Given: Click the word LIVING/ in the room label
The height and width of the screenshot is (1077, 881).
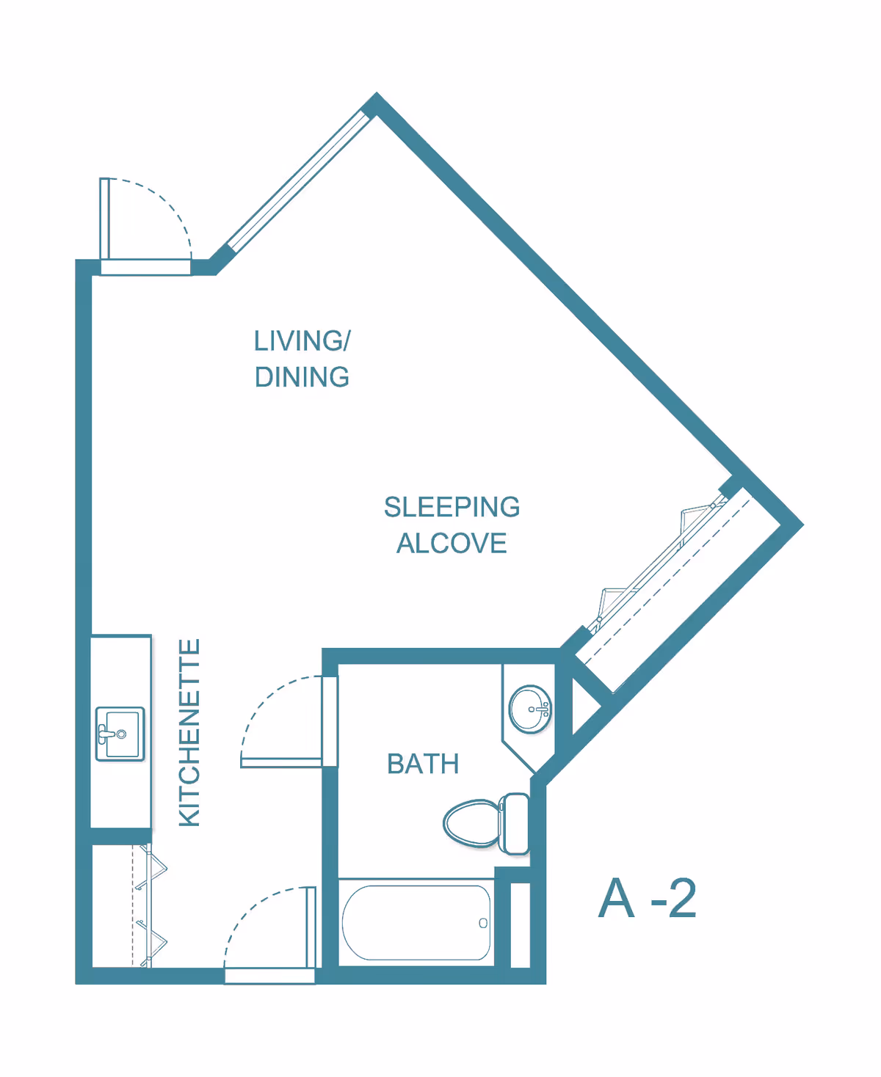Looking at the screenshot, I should pos(302,341).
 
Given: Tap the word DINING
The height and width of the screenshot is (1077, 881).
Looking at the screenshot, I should pos(302,377).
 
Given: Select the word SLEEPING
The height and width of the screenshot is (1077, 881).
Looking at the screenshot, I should pos(452,507).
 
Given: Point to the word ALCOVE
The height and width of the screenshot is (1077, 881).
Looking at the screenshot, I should pos(452,544).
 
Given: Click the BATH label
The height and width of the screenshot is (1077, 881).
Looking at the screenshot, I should pos(423,764).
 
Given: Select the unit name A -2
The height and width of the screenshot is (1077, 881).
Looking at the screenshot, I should pos(647,898).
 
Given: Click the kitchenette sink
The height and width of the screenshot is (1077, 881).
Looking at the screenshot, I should pos(120,734).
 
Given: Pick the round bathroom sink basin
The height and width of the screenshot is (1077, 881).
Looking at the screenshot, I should pos(530,709).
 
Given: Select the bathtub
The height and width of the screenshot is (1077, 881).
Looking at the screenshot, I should pos(416,922).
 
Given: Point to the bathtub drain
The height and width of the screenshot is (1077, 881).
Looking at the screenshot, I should pos(483,923).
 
